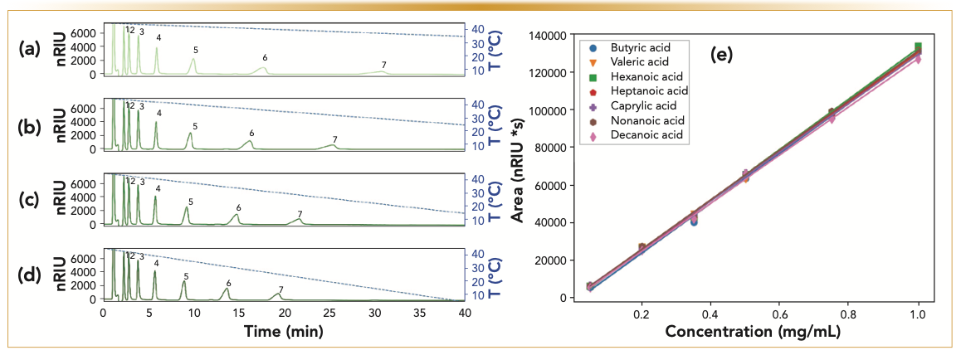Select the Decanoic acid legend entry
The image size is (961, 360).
pyautogui.click(x=644, y=134)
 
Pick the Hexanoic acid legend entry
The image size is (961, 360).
pyautogui.click(x=644, y=76)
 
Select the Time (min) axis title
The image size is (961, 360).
pyautogui.click(x=283, y=330)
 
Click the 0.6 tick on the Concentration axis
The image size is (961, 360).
pyautogui.click(x=779, y=315)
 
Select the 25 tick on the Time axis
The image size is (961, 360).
pyautogui.click(x=329, y=314)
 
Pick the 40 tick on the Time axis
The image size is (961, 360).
pyautogui.click(x=465, y=314)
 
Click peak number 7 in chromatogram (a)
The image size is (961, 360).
pyautogui.click(x=383, y=65)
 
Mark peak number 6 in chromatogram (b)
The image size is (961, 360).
pyautogui.click(x=251, y=133)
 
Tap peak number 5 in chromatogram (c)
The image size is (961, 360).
pyautogui.click(x=190, y=202)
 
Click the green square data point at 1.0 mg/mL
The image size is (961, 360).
pyautogui.click(x=918, y=46)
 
